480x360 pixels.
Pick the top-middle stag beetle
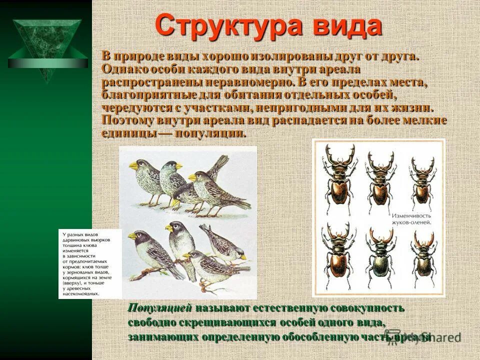coord(380,177)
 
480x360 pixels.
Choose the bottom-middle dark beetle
coord(379,255)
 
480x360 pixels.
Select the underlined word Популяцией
coord(159,308)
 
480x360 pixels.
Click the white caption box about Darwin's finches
coord(90,263)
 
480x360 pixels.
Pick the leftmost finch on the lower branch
coord(150,250)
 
